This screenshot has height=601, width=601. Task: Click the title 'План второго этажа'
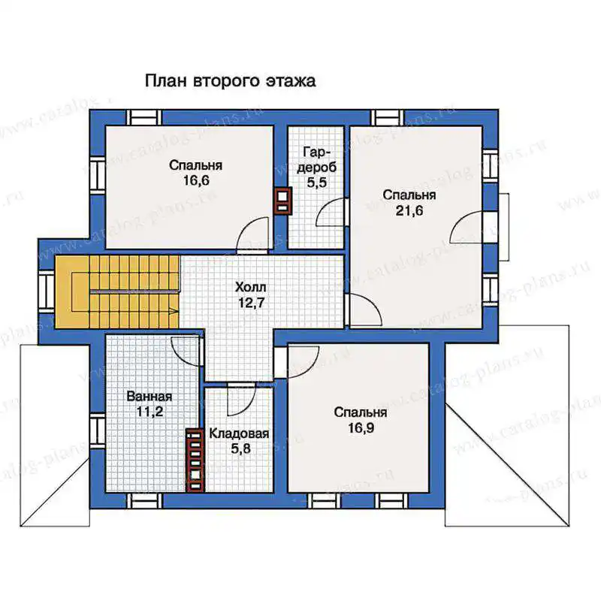(x=231, y=81)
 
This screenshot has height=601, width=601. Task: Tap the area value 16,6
(x=196, y=180)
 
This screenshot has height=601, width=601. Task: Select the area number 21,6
(x=409, y=210)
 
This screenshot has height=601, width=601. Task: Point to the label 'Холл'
(x=251, y=287)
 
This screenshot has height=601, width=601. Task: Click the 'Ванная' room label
(x=149, y=396)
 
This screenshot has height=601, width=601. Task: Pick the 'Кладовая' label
(x=239, y=433)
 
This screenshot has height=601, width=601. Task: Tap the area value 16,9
(x=361, y=427)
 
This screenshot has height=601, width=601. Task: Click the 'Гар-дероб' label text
(x=316, y=160)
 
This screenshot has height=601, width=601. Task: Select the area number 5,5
(x=316, y=183)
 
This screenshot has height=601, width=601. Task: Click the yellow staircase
(x=117, y=292)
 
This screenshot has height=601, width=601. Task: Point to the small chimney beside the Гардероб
(x=283, y=201)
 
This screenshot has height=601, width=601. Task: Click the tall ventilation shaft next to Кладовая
(x=195, y=460)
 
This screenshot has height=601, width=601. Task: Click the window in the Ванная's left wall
(x=98, y=430)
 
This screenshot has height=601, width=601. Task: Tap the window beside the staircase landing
(x=47, y=291)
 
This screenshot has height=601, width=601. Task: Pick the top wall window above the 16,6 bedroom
(x=143, y=118)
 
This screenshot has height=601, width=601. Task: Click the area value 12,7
(x=251, y=303)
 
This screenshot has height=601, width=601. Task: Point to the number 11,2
(x=149, y=411)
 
